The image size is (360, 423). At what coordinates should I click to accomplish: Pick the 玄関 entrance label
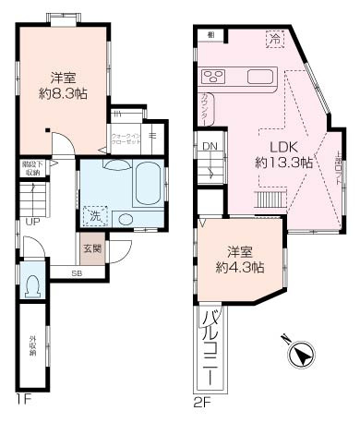pyautogui.click(x=93, y=248)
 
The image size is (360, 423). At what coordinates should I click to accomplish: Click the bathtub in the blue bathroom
pyautogui.click(x=145, y=186)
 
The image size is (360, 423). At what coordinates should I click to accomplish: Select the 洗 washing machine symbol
pyautogui.click(x=96, y=216)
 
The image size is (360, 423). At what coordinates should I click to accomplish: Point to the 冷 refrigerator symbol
pyautogui.click(x=274, y=39)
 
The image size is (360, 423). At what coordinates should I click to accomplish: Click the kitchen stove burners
pyautogui.click(x=213, y=76)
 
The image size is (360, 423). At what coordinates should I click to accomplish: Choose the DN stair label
pyautogui.click(x=210, y=146)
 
